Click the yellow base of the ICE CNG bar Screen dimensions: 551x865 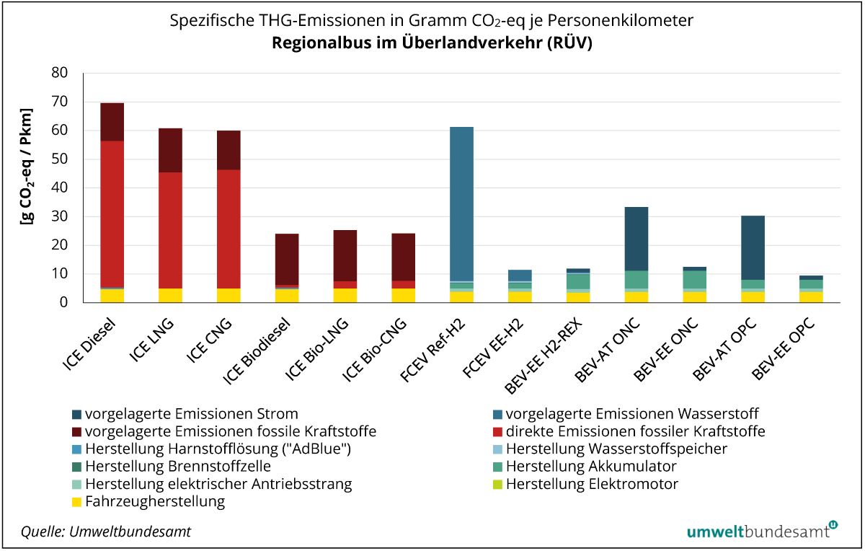click(229, 296)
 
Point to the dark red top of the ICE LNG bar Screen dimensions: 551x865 click(170, 150)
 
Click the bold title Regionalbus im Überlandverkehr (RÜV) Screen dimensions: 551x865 click(432, 43)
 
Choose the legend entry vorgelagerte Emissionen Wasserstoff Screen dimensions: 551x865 click(631, 414)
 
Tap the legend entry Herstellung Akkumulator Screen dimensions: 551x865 click(591, 467)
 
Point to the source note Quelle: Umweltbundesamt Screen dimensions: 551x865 click(106, 532)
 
